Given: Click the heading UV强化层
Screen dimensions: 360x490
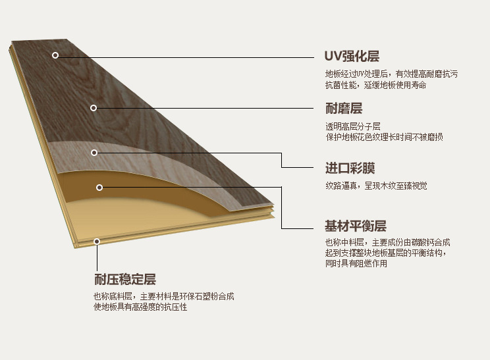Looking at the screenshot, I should point(352,57).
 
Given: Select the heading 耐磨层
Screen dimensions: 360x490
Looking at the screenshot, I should point(344,108).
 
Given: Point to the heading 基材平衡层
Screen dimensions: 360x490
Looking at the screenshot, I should point(356,226).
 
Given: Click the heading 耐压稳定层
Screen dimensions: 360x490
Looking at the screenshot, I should point(125,279).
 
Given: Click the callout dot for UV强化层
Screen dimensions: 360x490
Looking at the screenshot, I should point(55,55).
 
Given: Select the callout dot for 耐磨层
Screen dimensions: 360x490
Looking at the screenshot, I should point(94,107).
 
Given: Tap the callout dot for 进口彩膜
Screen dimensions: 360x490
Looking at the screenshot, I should point(94,153).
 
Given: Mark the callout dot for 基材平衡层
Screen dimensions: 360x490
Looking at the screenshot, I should point(99,188).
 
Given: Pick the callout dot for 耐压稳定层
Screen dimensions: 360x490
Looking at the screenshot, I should point(97,242).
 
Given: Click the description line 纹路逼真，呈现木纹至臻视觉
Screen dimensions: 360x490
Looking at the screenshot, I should point(376,186).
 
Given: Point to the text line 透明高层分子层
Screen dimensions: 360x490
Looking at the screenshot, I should point(353,126).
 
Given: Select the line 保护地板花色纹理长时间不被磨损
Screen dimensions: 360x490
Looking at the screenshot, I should point(384,137).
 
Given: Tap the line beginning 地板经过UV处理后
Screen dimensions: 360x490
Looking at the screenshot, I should point(391,74).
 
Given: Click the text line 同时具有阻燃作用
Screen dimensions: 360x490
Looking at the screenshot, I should point(356,263).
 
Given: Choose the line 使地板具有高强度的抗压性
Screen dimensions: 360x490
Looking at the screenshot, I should point(140,307).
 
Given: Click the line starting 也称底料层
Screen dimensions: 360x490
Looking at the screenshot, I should point(164,297).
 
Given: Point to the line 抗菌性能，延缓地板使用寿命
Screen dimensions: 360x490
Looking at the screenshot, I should point(375,85).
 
